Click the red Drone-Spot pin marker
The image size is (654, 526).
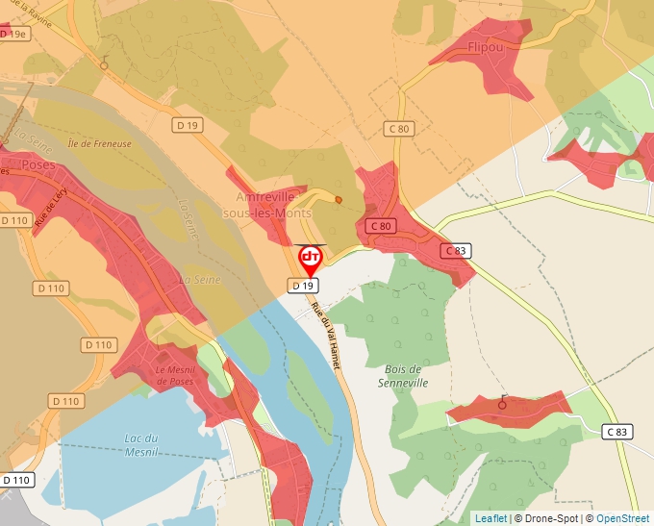(311, 259)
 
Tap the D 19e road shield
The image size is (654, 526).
(15, 33)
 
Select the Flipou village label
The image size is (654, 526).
(486, 46)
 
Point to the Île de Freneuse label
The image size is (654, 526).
(99, 144)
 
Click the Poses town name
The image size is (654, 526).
(38, 164)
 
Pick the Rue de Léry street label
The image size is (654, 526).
(50, 206)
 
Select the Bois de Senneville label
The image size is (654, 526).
(404, 376)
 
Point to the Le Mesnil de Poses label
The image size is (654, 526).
(174, 375)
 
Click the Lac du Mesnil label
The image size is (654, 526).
(141, 444)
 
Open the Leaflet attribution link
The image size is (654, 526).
(491, 518)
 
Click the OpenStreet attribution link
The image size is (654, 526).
(622, 518)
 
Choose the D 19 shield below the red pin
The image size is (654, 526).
(303, 286)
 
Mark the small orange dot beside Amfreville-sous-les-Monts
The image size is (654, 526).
(338, 200)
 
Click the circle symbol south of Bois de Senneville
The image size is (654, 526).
(501, 405)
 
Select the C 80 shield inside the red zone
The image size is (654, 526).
(381, 226)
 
